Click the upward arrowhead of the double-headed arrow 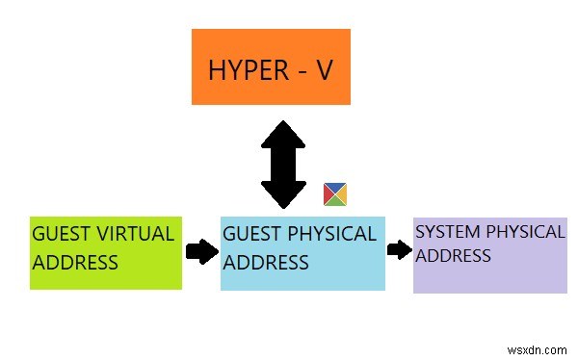283,135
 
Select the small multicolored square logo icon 334,194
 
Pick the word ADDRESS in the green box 75,262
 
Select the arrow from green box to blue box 200,252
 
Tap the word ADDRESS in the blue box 266,262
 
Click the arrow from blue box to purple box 399,249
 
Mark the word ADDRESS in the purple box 453,255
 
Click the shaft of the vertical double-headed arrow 283,165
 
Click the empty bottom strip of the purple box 489,281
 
